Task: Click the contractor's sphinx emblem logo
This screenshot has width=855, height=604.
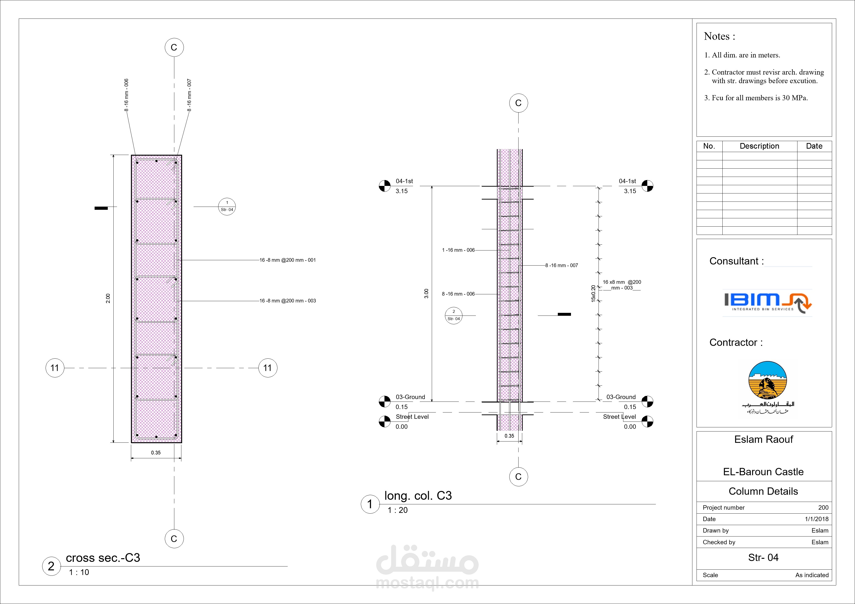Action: point(768,387)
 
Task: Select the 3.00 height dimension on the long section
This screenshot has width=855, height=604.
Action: point(426,294)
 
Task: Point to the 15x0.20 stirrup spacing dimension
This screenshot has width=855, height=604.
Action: point(593,293)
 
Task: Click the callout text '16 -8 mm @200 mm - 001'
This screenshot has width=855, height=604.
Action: point(287,260)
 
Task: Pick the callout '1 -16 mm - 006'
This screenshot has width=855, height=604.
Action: point(458,250)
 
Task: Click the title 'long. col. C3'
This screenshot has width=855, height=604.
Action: point(418,496)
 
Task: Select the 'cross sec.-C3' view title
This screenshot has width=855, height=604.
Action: point(103,558)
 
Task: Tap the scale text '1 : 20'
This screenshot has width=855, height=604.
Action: point(398,510)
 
